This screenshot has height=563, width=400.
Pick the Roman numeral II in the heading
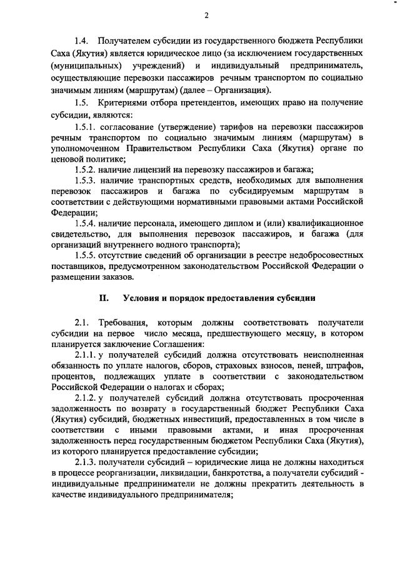[104, 298]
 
